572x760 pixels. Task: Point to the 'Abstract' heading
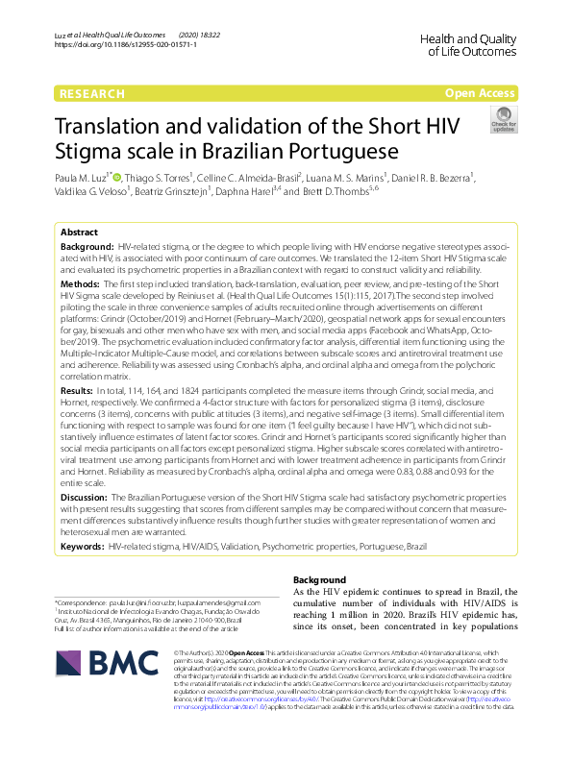pos(78,233)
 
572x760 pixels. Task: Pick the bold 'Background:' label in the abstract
pos(88,248)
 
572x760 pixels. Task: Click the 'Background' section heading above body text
pos(318,580)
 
